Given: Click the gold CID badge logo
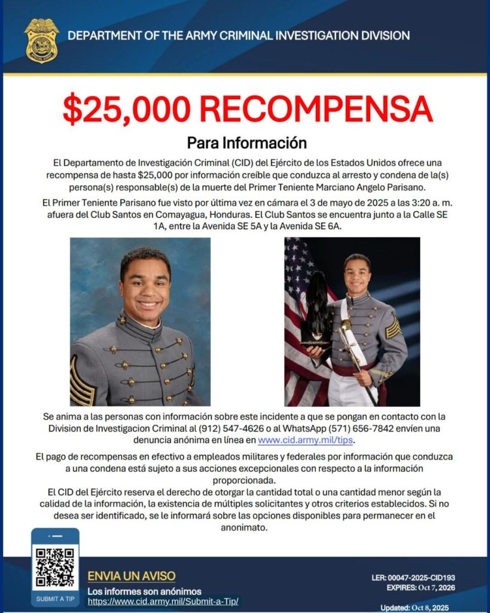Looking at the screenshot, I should tap(41, 40).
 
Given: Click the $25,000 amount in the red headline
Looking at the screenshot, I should tap(127, 108).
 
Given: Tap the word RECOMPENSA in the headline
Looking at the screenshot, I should tap(315, 108).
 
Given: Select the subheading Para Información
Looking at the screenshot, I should tap(246, 144).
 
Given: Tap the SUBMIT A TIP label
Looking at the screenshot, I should tap(55, 599).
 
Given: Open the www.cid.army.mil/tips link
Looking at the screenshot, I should tap(306, 441).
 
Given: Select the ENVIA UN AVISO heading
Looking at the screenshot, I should tap(132, 576).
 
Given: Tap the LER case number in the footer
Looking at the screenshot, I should tap(413, 578).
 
